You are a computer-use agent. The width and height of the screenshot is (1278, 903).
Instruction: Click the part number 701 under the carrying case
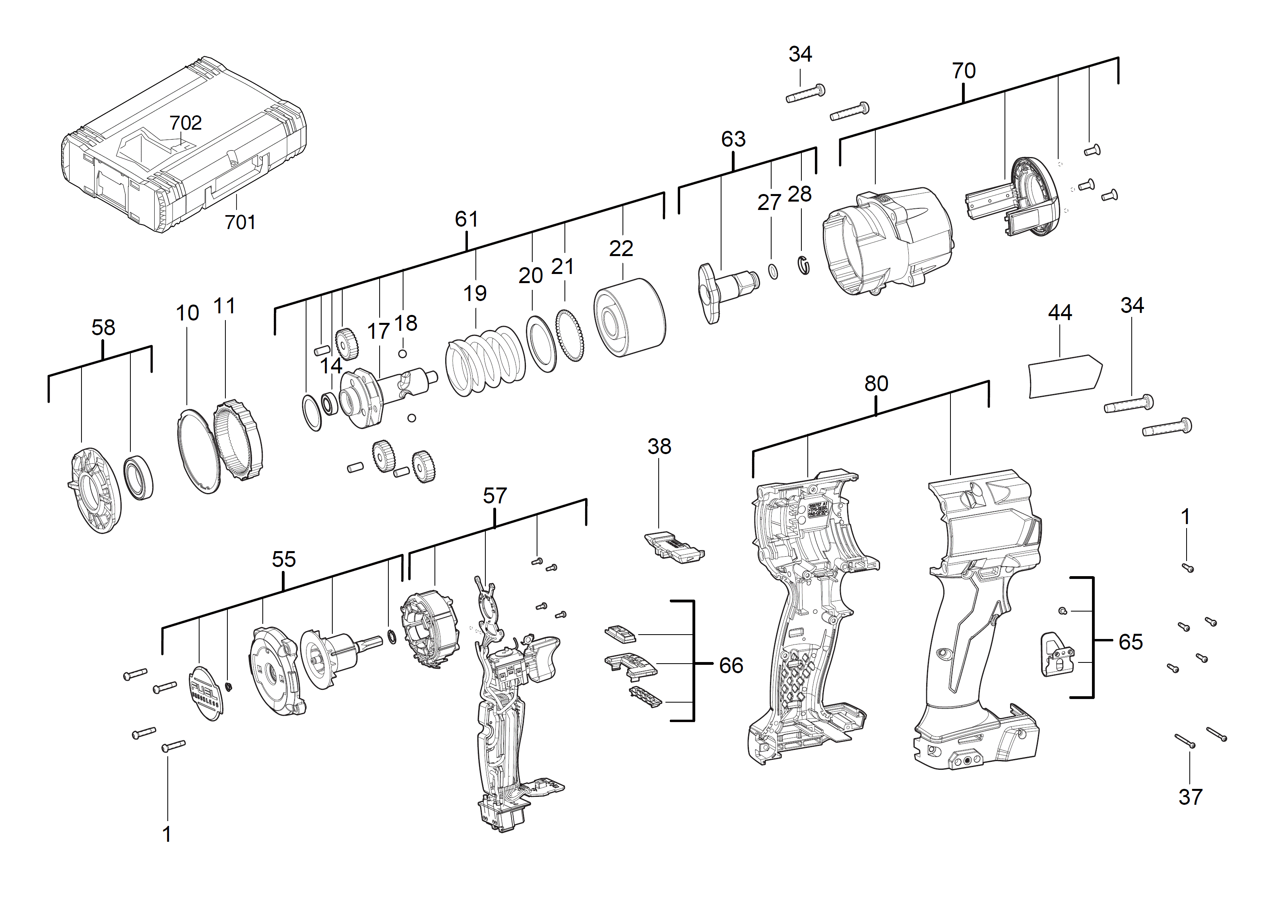click(240, 222)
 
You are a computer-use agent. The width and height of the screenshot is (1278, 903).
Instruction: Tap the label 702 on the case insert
click(185, 122)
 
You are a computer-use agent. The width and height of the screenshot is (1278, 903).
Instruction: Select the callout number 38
click(659, 446)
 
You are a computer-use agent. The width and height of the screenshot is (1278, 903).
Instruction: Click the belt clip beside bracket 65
click(1057, 655)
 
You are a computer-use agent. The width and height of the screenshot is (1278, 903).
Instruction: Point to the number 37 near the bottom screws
click(1190, 797)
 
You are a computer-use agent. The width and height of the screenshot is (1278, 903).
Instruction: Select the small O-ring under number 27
click(773, 272)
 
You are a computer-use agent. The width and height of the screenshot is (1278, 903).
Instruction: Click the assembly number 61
click(466, 219)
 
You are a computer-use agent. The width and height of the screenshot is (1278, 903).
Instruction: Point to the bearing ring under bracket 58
click(138, 477)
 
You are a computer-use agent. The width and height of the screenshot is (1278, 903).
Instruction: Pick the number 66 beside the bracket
click(731, 665)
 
